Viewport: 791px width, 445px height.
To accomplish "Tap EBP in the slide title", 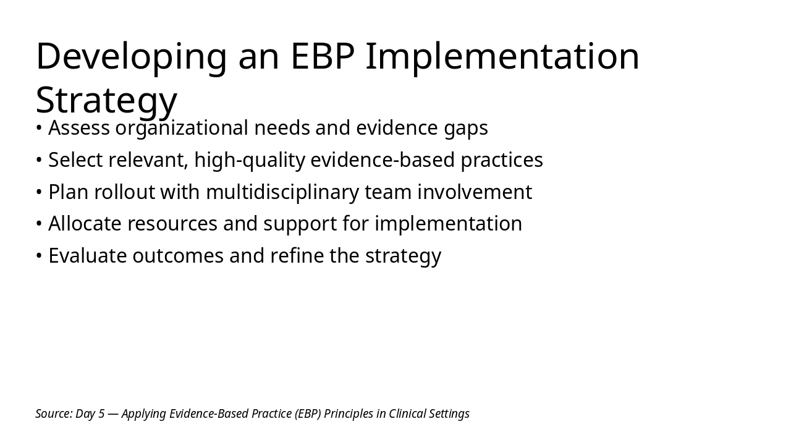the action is pos(323,56).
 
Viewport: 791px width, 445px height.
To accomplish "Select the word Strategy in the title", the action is pos(106,101).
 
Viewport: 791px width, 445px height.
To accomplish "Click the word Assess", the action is pos(79,128).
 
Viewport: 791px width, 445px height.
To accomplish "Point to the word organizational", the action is pos(182,129).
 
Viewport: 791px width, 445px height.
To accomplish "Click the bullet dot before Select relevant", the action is pos(39,160).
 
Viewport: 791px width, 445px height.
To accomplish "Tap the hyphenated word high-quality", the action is pos(250,161).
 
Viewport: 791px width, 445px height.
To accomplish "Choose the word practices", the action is pos(502,161).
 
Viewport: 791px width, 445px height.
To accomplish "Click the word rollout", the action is pos(124,192).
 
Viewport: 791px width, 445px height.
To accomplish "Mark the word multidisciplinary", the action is pos(282,193).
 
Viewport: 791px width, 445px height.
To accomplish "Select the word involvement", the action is pos(475,192).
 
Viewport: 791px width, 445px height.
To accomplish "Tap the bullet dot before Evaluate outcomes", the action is pos(39,256).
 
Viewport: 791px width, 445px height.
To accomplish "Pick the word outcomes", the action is pos(178,256).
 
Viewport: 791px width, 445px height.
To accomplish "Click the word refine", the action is pos(297,255).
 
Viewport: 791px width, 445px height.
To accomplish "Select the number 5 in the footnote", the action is pos(101,414).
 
